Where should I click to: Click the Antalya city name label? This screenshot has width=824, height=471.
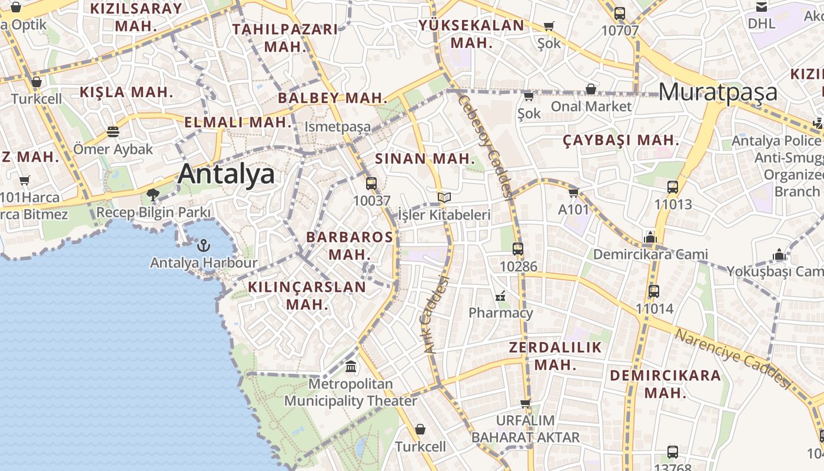point(226,174)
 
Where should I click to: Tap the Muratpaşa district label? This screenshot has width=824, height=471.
point(717,92)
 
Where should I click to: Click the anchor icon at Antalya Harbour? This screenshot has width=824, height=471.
point(204,245)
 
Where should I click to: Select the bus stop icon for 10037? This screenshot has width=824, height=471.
point(371,183)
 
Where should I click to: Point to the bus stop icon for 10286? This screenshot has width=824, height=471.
point(518,249)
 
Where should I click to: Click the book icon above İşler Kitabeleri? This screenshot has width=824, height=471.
point(444,198)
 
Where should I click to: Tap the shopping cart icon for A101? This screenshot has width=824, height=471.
point(573,193)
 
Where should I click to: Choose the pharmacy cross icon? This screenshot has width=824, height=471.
point(501,296)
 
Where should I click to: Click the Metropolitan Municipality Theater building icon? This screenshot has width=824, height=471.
point(351,367)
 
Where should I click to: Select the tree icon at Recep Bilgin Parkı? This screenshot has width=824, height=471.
point(153,194)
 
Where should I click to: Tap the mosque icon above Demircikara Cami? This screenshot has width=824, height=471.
point(650,237)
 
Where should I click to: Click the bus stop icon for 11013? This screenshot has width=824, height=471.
point(673,187)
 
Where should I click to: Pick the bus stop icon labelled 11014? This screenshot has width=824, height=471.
point(654,291)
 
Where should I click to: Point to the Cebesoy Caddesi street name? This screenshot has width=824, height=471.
point(486,144)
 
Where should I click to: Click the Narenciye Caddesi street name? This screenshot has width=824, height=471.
point(733,358)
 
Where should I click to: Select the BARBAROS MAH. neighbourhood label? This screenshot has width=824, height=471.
point(350,246)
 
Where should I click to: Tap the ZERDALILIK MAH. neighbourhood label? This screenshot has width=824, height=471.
point(555,356)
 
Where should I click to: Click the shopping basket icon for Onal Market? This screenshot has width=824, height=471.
point(590,89)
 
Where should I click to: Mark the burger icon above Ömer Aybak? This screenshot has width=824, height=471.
point(113,131)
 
